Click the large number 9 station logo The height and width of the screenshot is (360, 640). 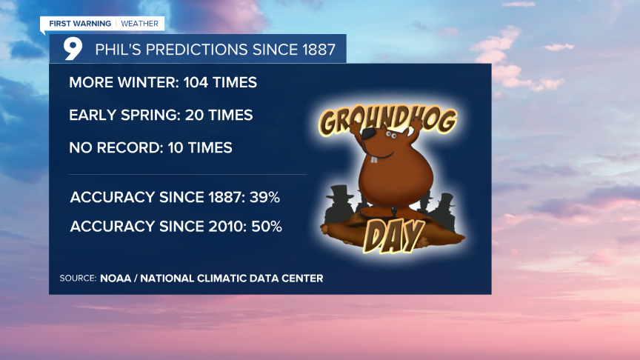[x=72, y=48]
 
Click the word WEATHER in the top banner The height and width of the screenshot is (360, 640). [x=141, y=24]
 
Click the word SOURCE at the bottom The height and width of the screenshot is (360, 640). [x=77, y=279]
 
